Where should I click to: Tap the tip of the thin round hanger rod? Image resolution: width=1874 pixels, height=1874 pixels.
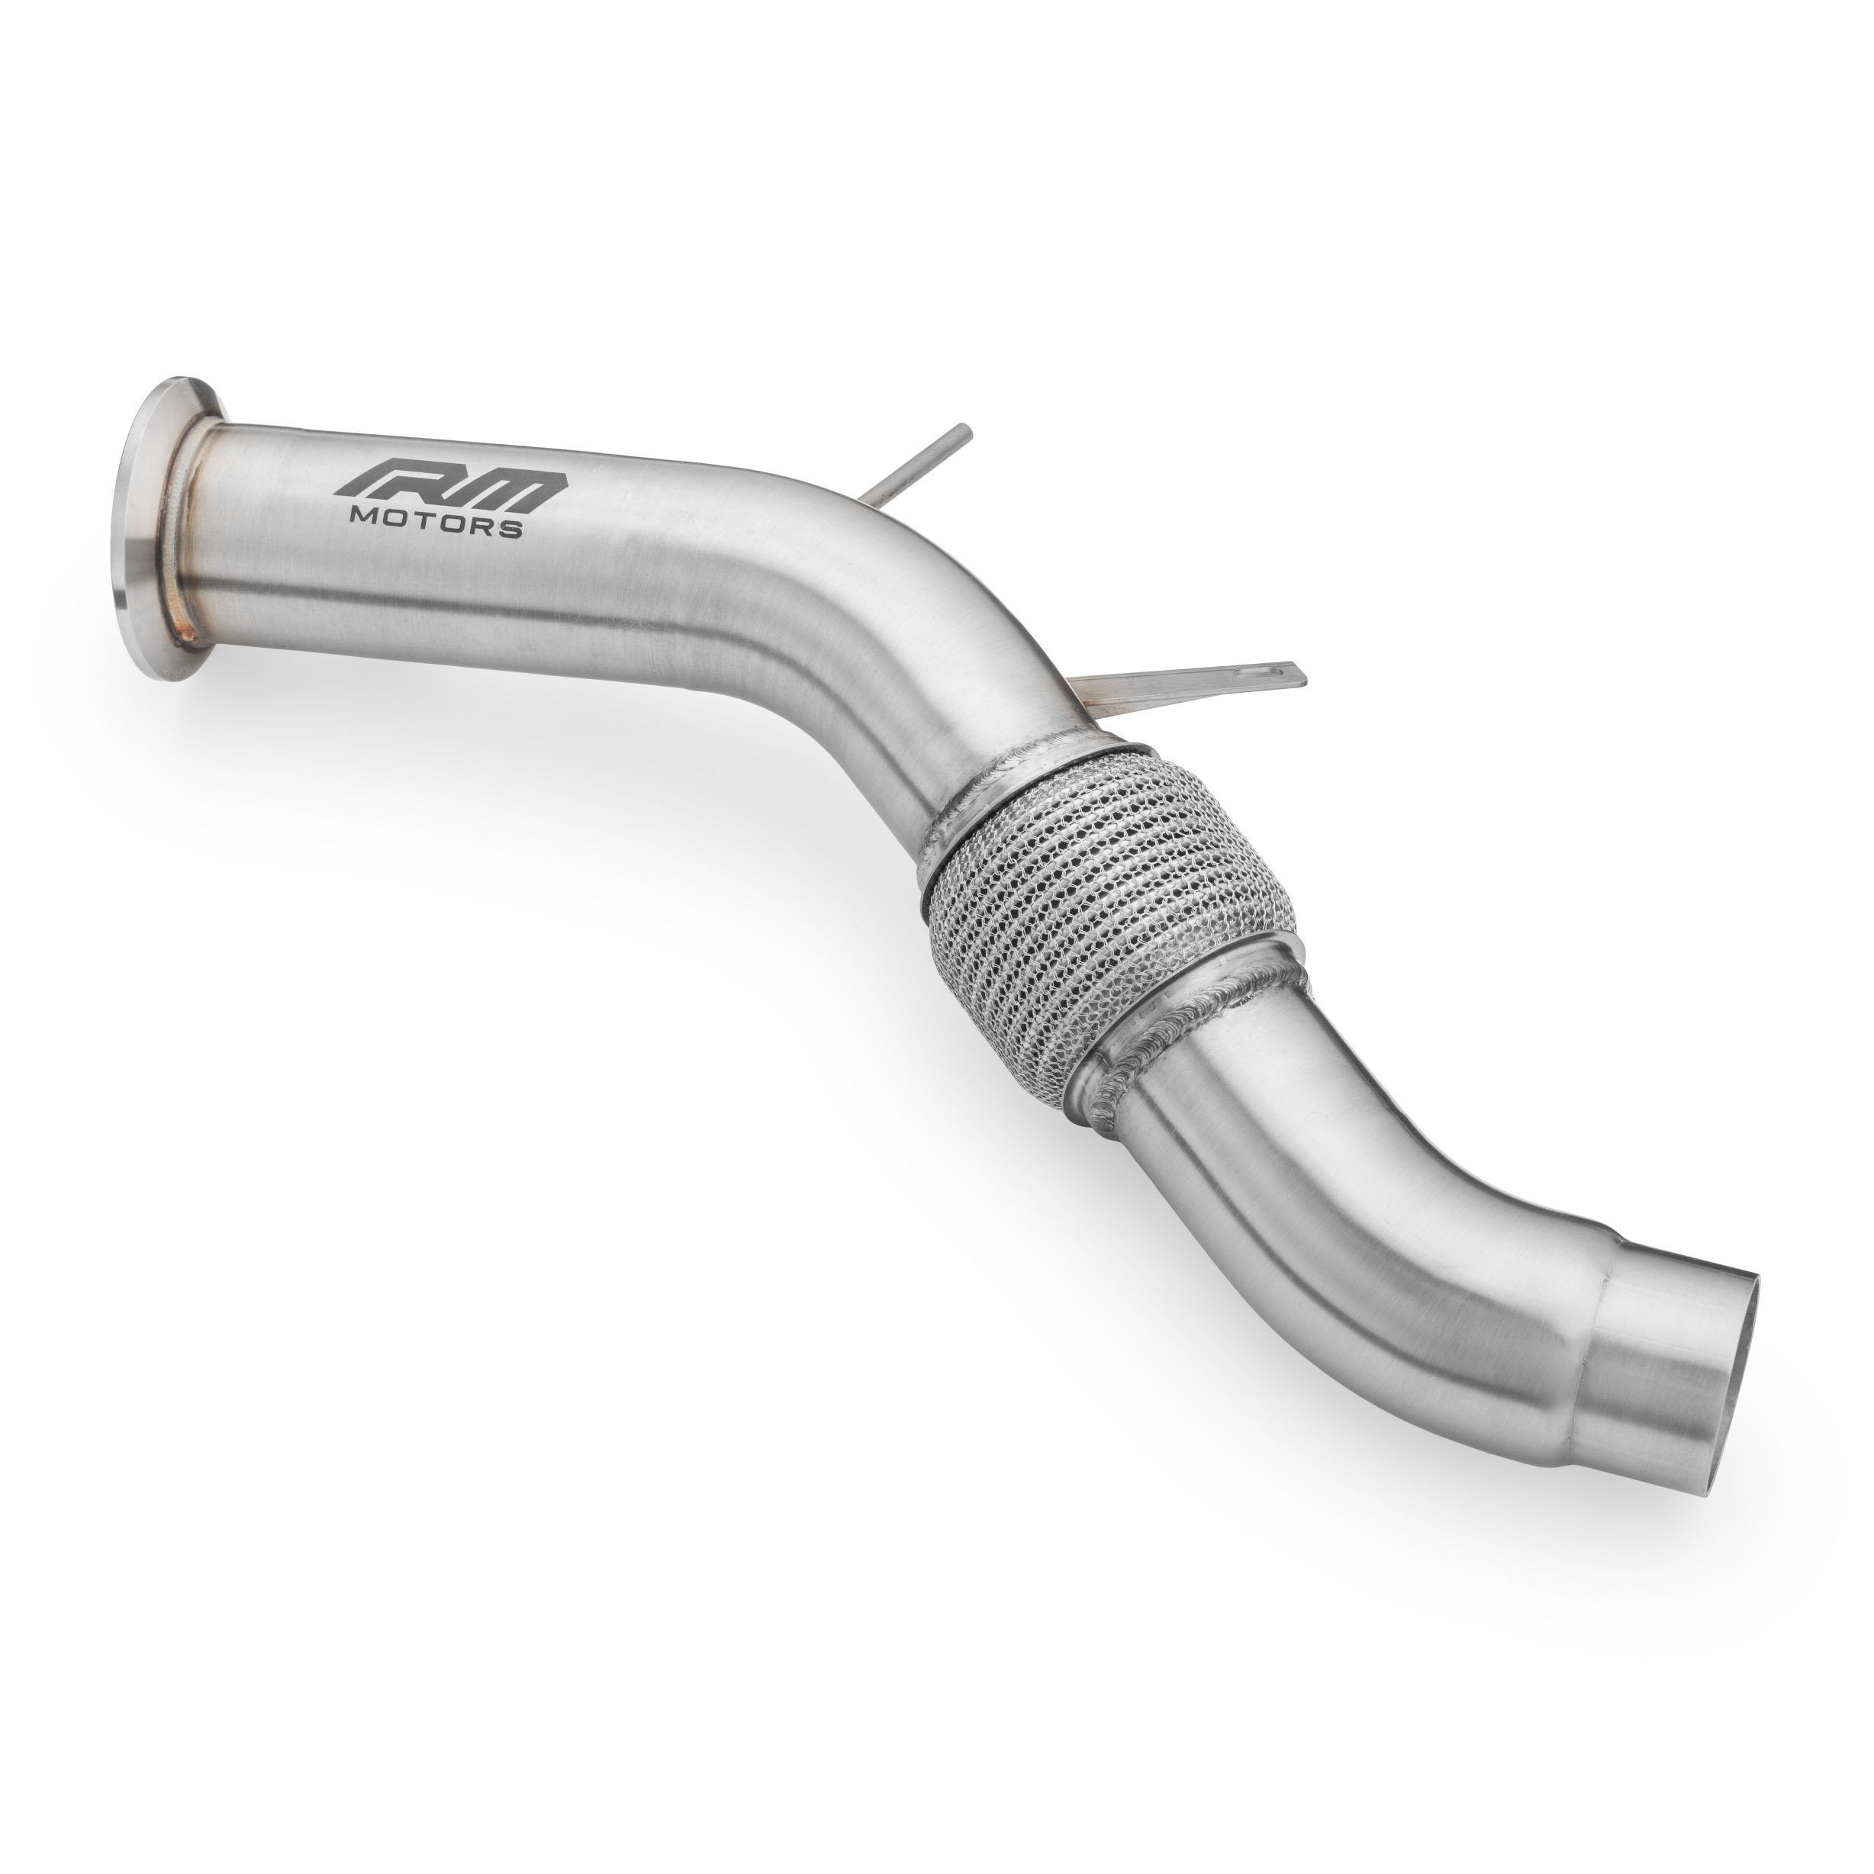tap(963, 456)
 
